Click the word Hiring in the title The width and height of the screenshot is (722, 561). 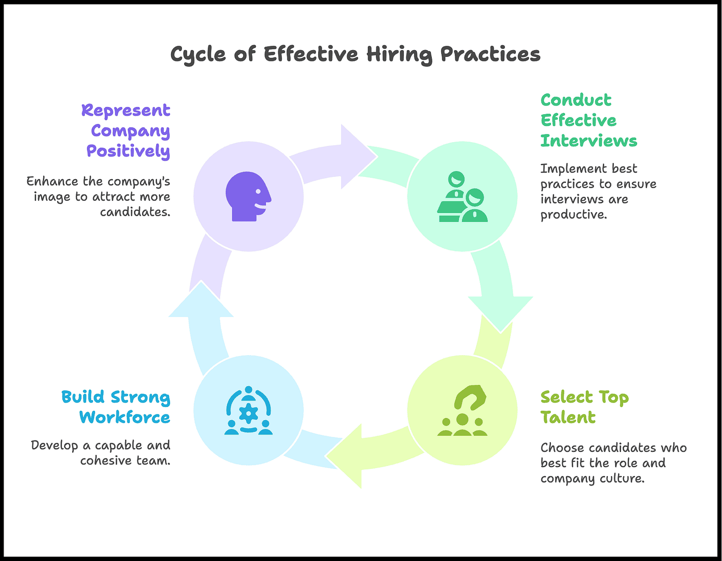[x=399, y=55]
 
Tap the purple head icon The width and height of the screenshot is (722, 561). [x=248, y=196]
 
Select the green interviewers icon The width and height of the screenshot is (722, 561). [x=463, y=197]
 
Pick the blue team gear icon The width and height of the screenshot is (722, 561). [x=248, y=410]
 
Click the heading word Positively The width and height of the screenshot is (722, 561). [x=128, y=151]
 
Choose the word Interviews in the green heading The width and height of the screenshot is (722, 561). [x=589, y=141]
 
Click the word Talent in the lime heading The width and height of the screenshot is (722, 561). [x=568, y=417]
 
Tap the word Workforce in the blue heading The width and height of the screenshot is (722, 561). [x=125, y=417]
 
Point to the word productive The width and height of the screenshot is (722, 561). [x=574, y=214]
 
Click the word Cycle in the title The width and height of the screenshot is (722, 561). [x=198, y=55]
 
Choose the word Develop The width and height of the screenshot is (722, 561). [x=55, y=445]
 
